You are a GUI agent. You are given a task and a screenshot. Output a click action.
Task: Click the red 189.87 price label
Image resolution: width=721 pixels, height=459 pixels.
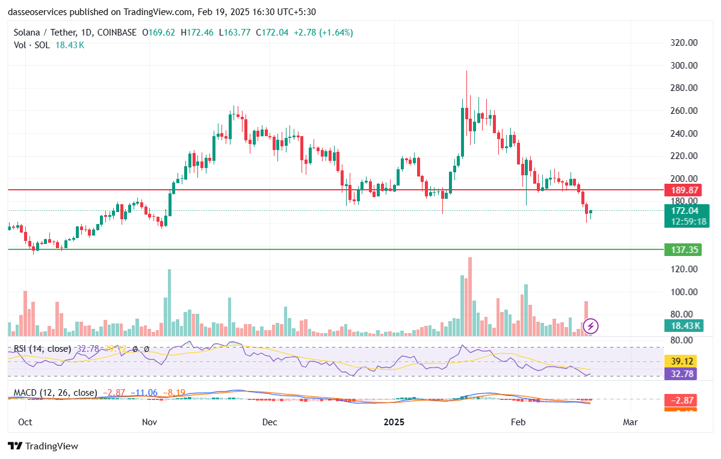click(684, 190)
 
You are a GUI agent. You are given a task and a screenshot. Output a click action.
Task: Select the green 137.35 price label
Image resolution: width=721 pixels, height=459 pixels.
click(684, 249)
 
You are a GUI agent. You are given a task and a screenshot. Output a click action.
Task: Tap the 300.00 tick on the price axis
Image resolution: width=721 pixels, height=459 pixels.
click(684, 65)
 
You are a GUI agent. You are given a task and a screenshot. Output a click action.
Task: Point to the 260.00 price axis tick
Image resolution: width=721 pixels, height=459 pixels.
click(684, 111)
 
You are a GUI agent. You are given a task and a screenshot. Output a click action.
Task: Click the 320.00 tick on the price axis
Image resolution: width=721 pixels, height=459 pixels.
click(684, 43)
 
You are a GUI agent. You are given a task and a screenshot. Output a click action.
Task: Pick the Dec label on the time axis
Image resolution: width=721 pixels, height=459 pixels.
click(270, 422)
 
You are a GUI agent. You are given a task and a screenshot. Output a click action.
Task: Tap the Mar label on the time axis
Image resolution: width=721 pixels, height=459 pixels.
click(630, 422)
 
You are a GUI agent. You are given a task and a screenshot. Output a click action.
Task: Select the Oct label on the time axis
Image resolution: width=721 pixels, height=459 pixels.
click(25, 422)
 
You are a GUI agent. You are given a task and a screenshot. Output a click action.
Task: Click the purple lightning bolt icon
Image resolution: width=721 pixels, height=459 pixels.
click(591, 326)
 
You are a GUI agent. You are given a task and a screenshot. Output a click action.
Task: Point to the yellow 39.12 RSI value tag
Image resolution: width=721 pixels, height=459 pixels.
click(684, 361)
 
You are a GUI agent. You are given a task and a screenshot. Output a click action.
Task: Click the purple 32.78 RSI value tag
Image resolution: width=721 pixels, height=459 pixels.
click(684, 373)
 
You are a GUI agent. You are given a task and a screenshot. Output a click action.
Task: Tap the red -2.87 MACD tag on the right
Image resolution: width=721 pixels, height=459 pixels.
click(684, 401)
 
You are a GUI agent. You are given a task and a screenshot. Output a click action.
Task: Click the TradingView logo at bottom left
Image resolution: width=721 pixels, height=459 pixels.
click(43, 446)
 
